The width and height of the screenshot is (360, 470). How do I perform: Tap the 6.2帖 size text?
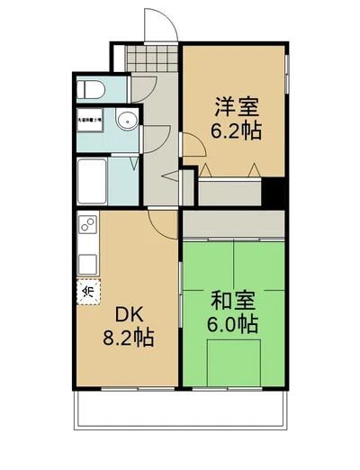click(237, 131)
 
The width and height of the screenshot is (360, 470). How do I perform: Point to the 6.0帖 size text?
click(233, 324)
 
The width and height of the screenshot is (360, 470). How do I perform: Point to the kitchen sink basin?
click(87, 263)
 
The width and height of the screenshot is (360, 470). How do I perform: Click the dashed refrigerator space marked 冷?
click(87, 291)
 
